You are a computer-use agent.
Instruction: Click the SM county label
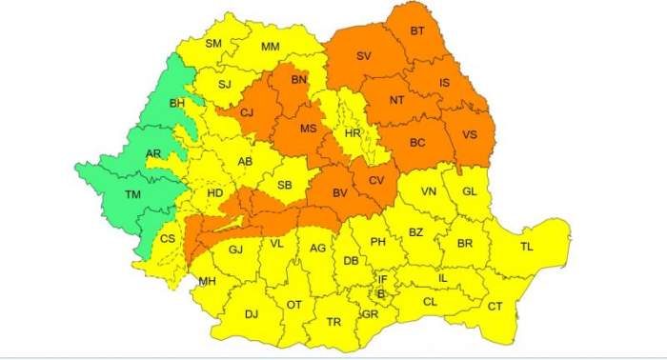213,44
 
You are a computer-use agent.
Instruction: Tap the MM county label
271,47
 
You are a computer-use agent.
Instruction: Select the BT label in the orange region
417,31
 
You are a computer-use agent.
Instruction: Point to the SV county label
363,56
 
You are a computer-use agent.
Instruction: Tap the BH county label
177,103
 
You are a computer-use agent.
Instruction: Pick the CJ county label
247,114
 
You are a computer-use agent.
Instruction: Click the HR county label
353,134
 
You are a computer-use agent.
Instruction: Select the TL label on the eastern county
527,247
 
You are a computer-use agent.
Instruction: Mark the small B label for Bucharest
380,294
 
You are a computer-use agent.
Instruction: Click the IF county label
382,279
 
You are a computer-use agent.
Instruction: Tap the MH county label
207,281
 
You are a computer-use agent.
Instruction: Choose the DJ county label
251,313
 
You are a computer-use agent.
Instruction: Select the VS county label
471,135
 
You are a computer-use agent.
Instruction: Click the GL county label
469,190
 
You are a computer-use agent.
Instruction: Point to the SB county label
284,185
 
